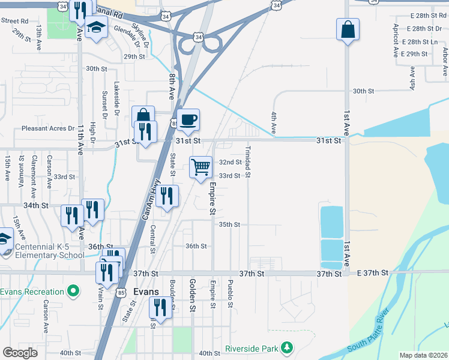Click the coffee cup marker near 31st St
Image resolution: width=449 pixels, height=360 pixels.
point(188,120)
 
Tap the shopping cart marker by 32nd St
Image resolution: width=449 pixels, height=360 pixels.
point(200,166)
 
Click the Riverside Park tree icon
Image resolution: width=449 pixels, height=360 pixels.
point(288,348)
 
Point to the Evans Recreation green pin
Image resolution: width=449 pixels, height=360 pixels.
point(73,292)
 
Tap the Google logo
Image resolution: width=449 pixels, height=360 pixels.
point(20,353)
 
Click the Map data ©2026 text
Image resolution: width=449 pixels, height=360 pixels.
point(423,355)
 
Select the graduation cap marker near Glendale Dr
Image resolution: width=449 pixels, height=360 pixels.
point(95,28)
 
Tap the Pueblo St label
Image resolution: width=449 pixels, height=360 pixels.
point(230,293)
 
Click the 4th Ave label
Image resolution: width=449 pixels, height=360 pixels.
point(274,122)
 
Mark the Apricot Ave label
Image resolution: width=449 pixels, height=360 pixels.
point(396,41)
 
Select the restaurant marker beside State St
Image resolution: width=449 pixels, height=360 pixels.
point(167,196)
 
